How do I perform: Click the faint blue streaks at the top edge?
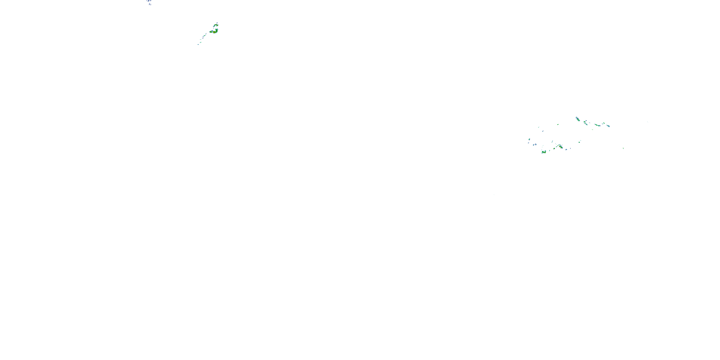(x=149, y=2)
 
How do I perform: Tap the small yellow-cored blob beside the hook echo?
(x=211, y=32)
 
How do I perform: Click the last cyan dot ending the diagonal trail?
(x=198, y=44)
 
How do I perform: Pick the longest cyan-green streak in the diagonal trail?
(x=204, y=36)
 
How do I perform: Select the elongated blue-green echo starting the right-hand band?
(x=577, y=119)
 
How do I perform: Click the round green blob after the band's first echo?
(x=584, y=122)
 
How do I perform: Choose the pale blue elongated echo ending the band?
(x=608, y=126)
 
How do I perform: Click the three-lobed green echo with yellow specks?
(x=544, y=152)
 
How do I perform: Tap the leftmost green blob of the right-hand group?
(x=529, y=139)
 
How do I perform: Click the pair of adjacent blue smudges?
(x=535, y=145)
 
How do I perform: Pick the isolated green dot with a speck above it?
(x=579, y=142)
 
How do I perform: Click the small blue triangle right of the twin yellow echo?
(x=566, y=150)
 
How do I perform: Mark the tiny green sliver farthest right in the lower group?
(x=623, y=148)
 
